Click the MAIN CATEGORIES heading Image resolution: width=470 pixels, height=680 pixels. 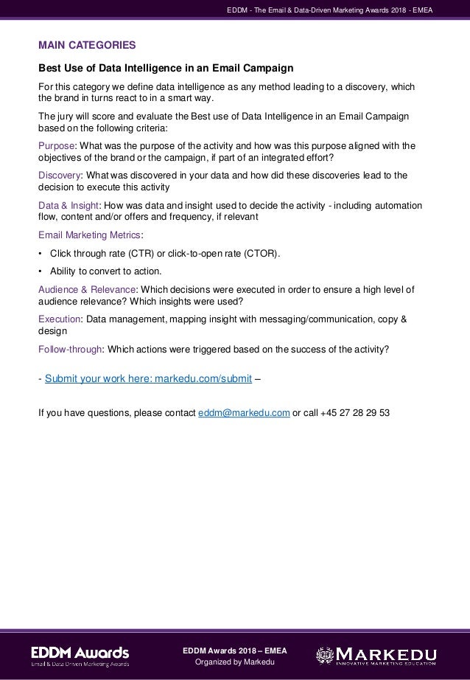[86, 45]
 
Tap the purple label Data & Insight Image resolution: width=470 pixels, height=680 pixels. [68, 206]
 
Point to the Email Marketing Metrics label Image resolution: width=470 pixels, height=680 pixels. [90, 236]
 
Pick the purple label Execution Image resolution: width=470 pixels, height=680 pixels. [60, 319]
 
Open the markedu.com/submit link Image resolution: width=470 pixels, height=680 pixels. [148, 380]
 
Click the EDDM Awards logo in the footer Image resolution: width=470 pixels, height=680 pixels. [80, 656]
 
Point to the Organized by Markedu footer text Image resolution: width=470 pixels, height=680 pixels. [235, 663]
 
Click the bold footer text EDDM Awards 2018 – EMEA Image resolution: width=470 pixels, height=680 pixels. [235, 650]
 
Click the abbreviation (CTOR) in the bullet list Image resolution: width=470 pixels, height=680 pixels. [260, 254]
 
